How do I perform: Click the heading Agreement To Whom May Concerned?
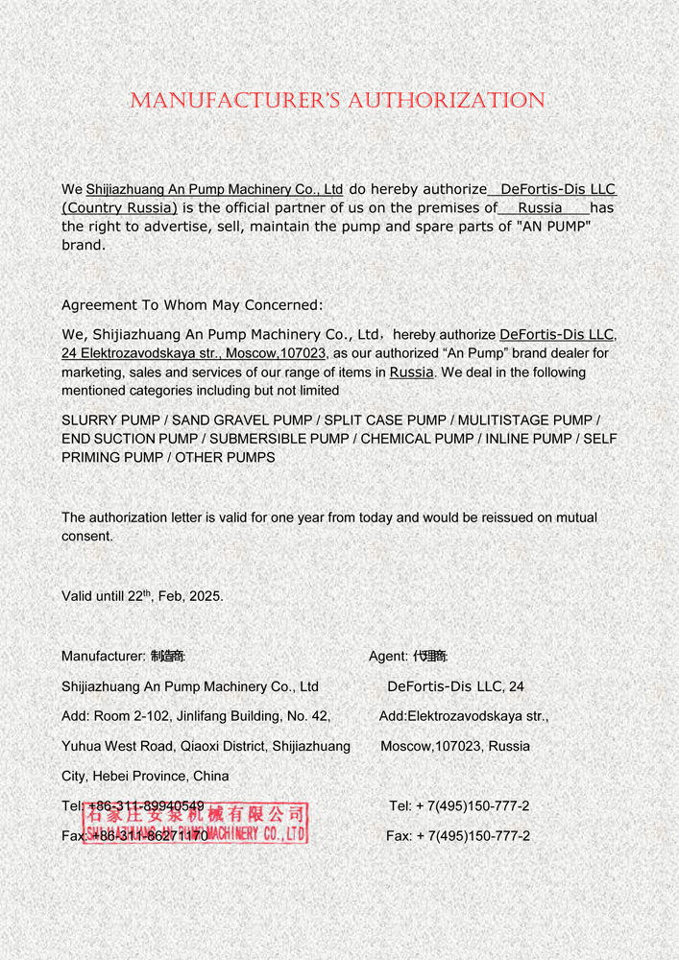192,305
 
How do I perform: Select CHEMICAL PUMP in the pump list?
418,439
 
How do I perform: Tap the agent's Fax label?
399,836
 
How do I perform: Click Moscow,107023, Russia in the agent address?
454,746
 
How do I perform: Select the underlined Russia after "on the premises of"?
540,207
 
